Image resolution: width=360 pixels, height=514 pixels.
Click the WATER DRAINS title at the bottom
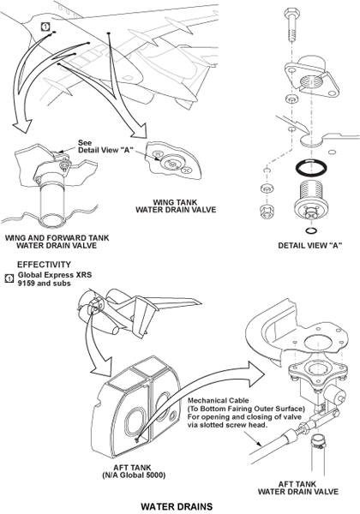point(177,506)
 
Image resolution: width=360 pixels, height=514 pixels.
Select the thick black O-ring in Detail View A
point(311,168)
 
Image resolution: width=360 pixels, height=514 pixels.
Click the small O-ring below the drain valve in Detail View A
point(311,230)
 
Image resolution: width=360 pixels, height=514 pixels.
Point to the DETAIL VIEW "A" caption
point(308,245)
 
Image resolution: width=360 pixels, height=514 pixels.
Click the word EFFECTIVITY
point(44,264)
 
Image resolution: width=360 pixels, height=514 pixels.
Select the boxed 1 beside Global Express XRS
point(9,278)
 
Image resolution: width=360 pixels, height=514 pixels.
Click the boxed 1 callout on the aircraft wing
point(46,27)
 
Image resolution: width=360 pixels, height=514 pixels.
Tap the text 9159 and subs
point(44,283)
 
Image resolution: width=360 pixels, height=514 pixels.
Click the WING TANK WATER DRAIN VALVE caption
point(176,206)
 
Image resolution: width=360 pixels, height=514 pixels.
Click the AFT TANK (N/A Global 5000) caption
point(133,471)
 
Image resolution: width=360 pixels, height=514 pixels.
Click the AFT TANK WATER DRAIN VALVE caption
point(297,487)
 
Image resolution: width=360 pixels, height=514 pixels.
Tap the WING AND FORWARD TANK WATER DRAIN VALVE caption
point(57,242)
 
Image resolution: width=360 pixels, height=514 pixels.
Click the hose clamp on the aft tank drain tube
point(319,441)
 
